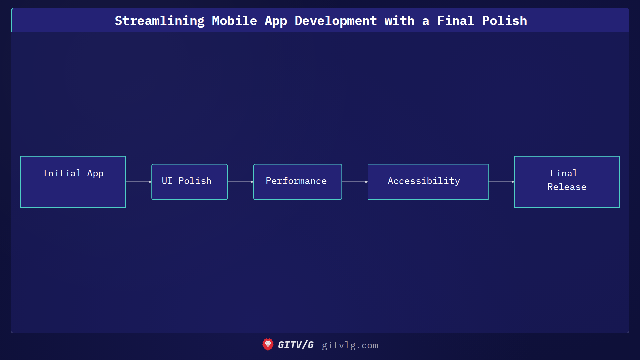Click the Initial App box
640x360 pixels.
[x=73, y=182]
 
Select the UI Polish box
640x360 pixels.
[x=189, y=182]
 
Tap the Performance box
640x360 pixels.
[x=297, y=182]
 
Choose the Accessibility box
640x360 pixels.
[x=428, y=182]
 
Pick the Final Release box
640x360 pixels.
[x=567, y=182]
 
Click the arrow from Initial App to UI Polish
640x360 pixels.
[x=138, y=182]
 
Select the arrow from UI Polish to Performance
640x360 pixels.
[x=240, y=182]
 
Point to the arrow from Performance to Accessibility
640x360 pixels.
[x=355, y=182]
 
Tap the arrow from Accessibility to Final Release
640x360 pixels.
[x=501, y=182]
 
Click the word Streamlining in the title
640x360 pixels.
[x=160, y=21]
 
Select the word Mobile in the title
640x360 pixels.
[x=234, y=21]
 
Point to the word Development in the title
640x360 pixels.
[x=336, y=21]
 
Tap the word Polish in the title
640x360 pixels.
[x=505, y=21]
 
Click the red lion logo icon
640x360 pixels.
[x=268, y=345]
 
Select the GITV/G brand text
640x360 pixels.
[x=296, y=345]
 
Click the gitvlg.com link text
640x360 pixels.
[x=350, y=345]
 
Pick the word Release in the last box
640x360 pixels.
[x=567, y=187]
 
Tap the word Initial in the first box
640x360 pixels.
[x=62, y=173]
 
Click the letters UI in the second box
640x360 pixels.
[x=167, y=181]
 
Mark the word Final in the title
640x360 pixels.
[x=455, y=21]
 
